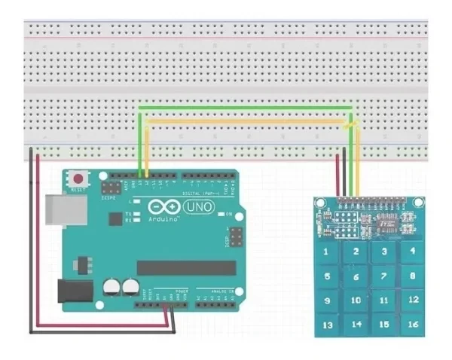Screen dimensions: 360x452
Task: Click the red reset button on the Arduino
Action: point(78,179)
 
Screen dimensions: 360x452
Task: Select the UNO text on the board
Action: point(198,206)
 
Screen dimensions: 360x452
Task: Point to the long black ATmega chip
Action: point(180,268)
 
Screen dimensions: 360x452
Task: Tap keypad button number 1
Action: point(327,251)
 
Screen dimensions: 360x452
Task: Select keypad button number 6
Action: point(356,277)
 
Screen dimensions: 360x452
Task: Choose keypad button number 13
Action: point(327,325)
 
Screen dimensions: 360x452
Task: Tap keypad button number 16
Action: point(413,325)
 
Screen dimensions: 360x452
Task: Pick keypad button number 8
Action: point(413,276)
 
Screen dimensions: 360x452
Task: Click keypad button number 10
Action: point(356,300)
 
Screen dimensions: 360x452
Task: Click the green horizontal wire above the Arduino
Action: point(241,108)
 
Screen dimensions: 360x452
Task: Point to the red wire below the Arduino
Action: point(98,325)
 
